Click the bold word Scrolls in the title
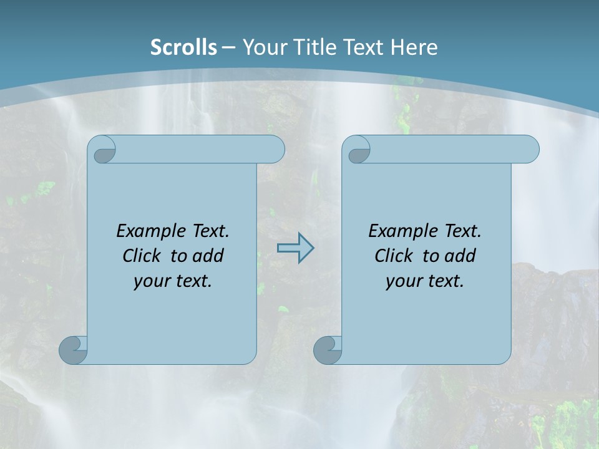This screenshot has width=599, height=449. [184, 47]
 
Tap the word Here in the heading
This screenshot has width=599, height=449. [414, 47]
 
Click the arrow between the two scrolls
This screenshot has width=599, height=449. [295, 248]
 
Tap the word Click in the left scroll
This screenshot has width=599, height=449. [142, 256]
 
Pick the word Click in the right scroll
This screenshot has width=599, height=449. [394, 256]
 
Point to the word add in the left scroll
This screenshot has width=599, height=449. [208, 256]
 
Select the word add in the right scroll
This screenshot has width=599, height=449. [460, 256]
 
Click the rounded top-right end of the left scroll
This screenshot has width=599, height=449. [275, 150]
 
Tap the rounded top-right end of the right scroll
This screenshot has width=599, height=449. [529, 150]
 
